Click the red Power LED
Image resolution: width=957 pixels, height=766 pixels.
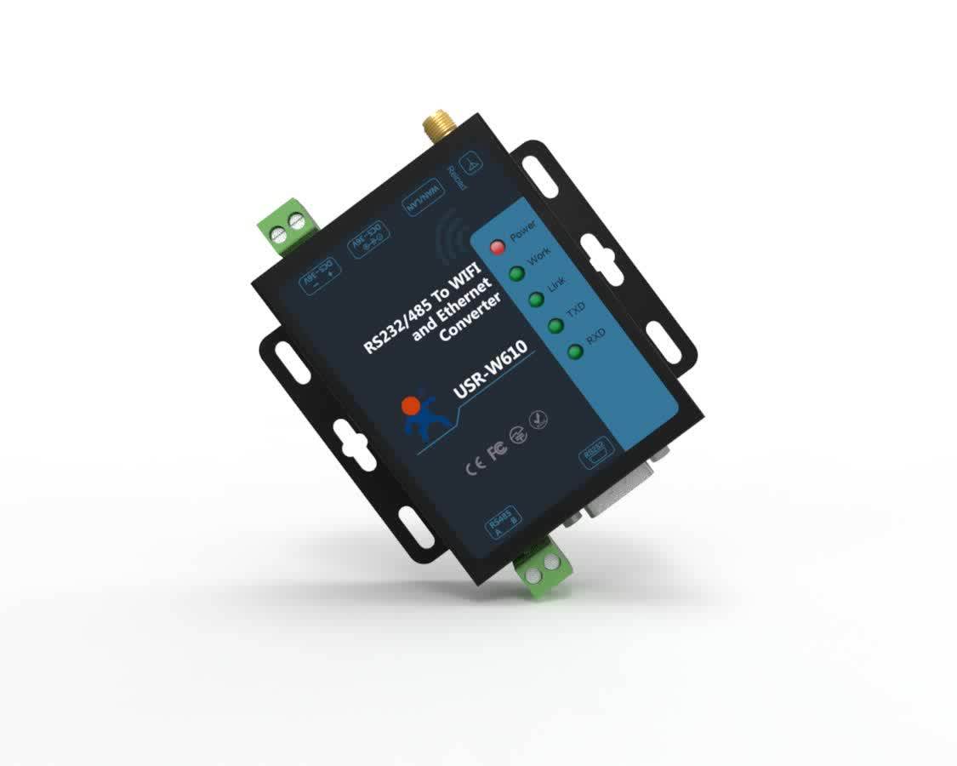498,247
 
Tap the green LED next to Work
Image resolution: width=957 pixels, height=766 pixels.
516,273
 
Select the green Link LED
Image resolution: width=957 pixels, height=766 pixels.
536,300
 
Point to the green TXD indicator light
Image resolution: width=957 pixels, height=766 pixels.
556,325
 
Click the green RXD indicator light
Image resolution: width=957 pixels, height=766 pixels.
576,351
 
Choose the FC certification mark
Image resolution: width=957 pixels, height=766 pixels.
497,449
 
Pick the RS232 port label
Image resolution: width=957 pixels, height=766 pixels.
593,454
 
